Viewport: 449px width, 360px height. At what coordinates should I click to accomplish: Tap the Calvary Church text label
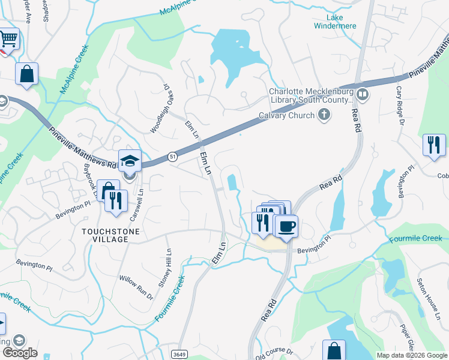click(x=287, y=116)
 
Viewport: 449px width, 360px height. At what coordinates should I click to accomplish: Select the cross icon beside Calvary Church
click(x=324, y=114)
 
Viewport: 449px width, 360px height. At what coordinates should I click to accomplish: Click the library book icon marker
click(x=362, y=94)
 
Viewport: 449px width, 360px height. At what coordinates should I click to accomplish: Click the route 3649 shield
click(x=178, y=354)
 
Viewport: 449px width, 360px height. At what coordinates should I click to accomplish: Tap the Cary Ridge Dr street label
click(x=399, y=105)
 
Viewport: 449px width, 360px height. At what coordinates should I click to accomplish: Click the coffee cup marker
click(x=286, y=226)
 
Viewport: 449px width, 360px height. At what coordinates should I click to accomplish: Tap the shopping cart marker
click(x=8, y=40)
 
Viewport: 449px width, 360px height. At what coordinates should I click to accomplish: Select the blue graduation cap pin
click(x=130, y=160)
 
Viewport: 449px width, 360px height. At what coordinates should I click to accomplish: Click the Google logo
click(x=20, y=353)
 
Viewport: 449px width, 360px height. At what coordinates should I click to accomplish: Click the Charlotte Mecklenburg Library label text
click(x=310, y=96)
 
